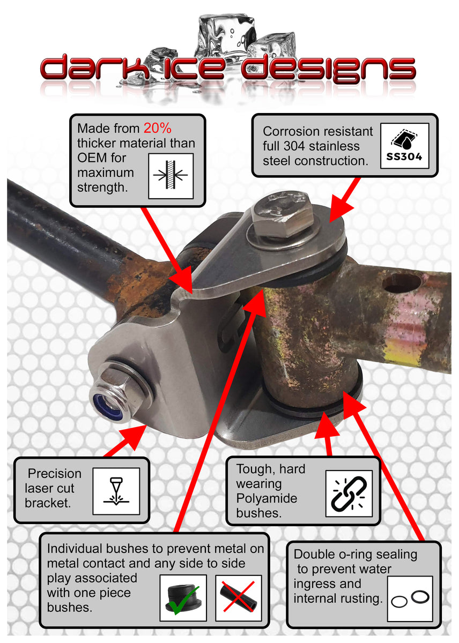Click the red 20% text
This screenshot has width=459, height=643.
pyautogui.click(x=158, y=128)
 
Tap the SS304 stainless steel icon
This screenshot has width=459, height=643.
pyautogui.click(x=404, y=146)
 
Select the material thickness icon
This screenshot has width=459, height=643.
pyautogui.click(x=171, y=176)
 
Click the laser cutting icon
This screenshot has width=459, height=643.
pyautogui.click(x=116, y=491)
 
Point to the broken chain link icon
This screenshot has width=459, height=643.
pyautogui.click(x=349, y=494)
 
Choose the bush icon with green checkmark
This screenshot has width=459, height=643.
pyautogui.click(x=183, y=597)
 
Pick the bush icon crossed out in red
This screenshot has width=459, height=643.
pyautogui.click(x=238, y=597)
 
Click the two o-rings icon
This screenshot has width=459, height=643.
pyautogui.click(x=410, y=599)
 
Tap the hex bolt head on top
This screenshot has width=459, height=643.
pyautogui.click(x=282, y=213)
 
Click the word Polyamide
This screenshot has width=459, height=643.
pyautogui.click(x=266, y=498)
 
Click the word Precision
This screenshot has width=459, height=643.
pyautogui.click(x=55, y=473)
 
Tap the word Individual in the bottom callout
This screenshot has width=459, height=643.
pyautogui.click(x=75, y=549)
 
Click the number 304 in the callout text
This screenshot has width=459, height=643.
pyautogui.click(x=294, y=146)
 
